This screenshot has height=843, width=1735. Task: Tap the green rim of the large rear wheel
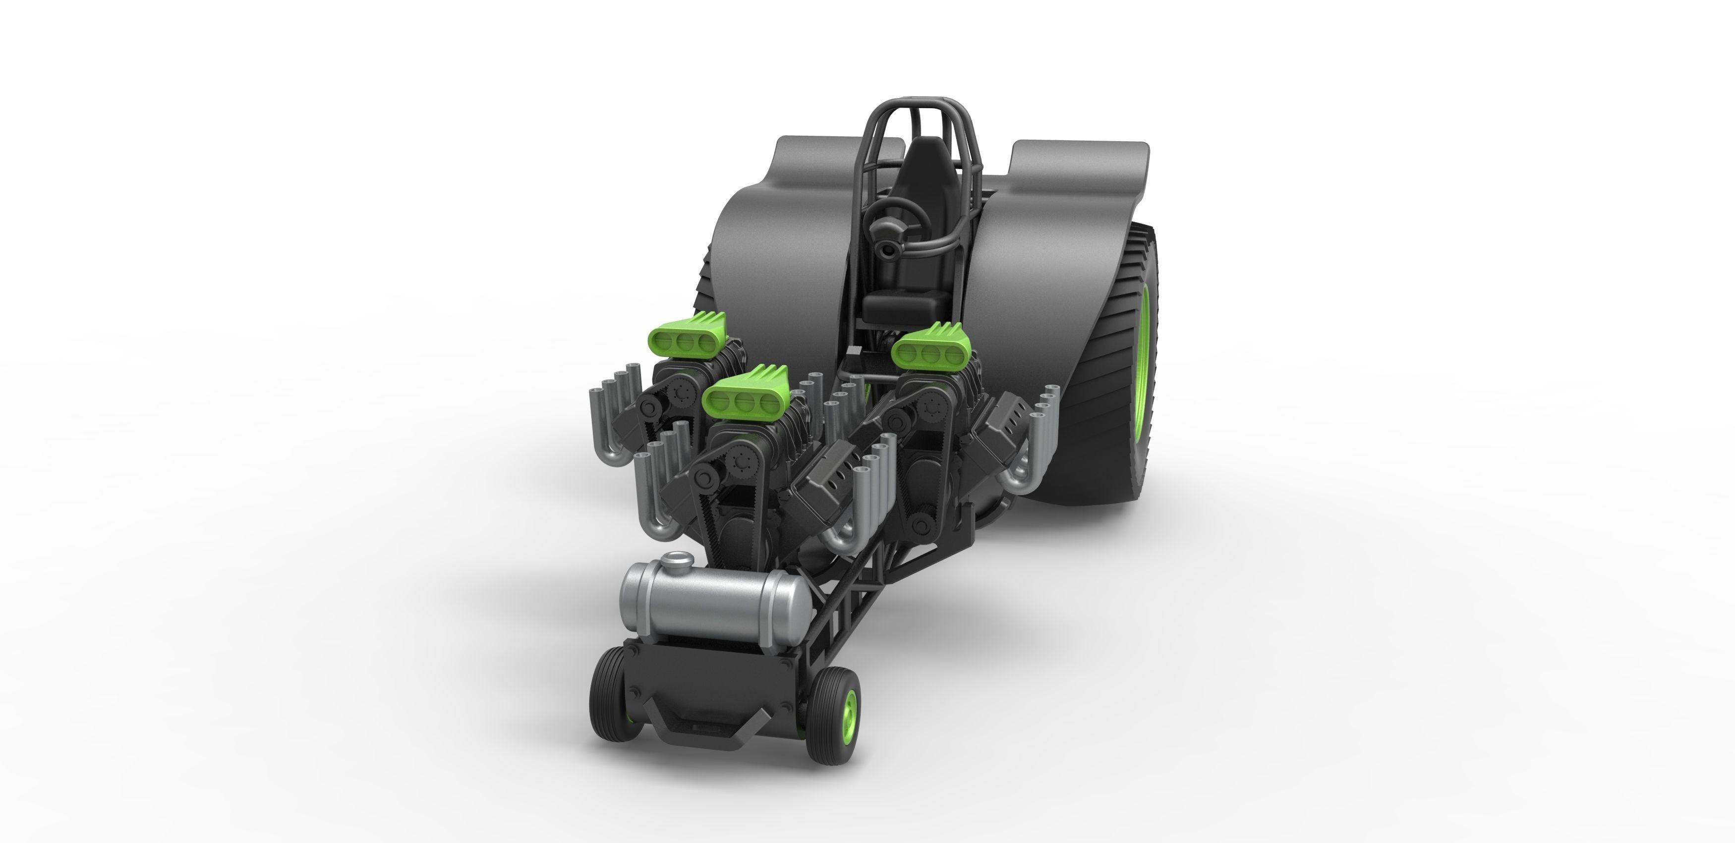[1144, 377]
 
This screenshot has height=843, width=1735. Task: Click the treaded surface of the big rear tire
[1104, 431]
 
